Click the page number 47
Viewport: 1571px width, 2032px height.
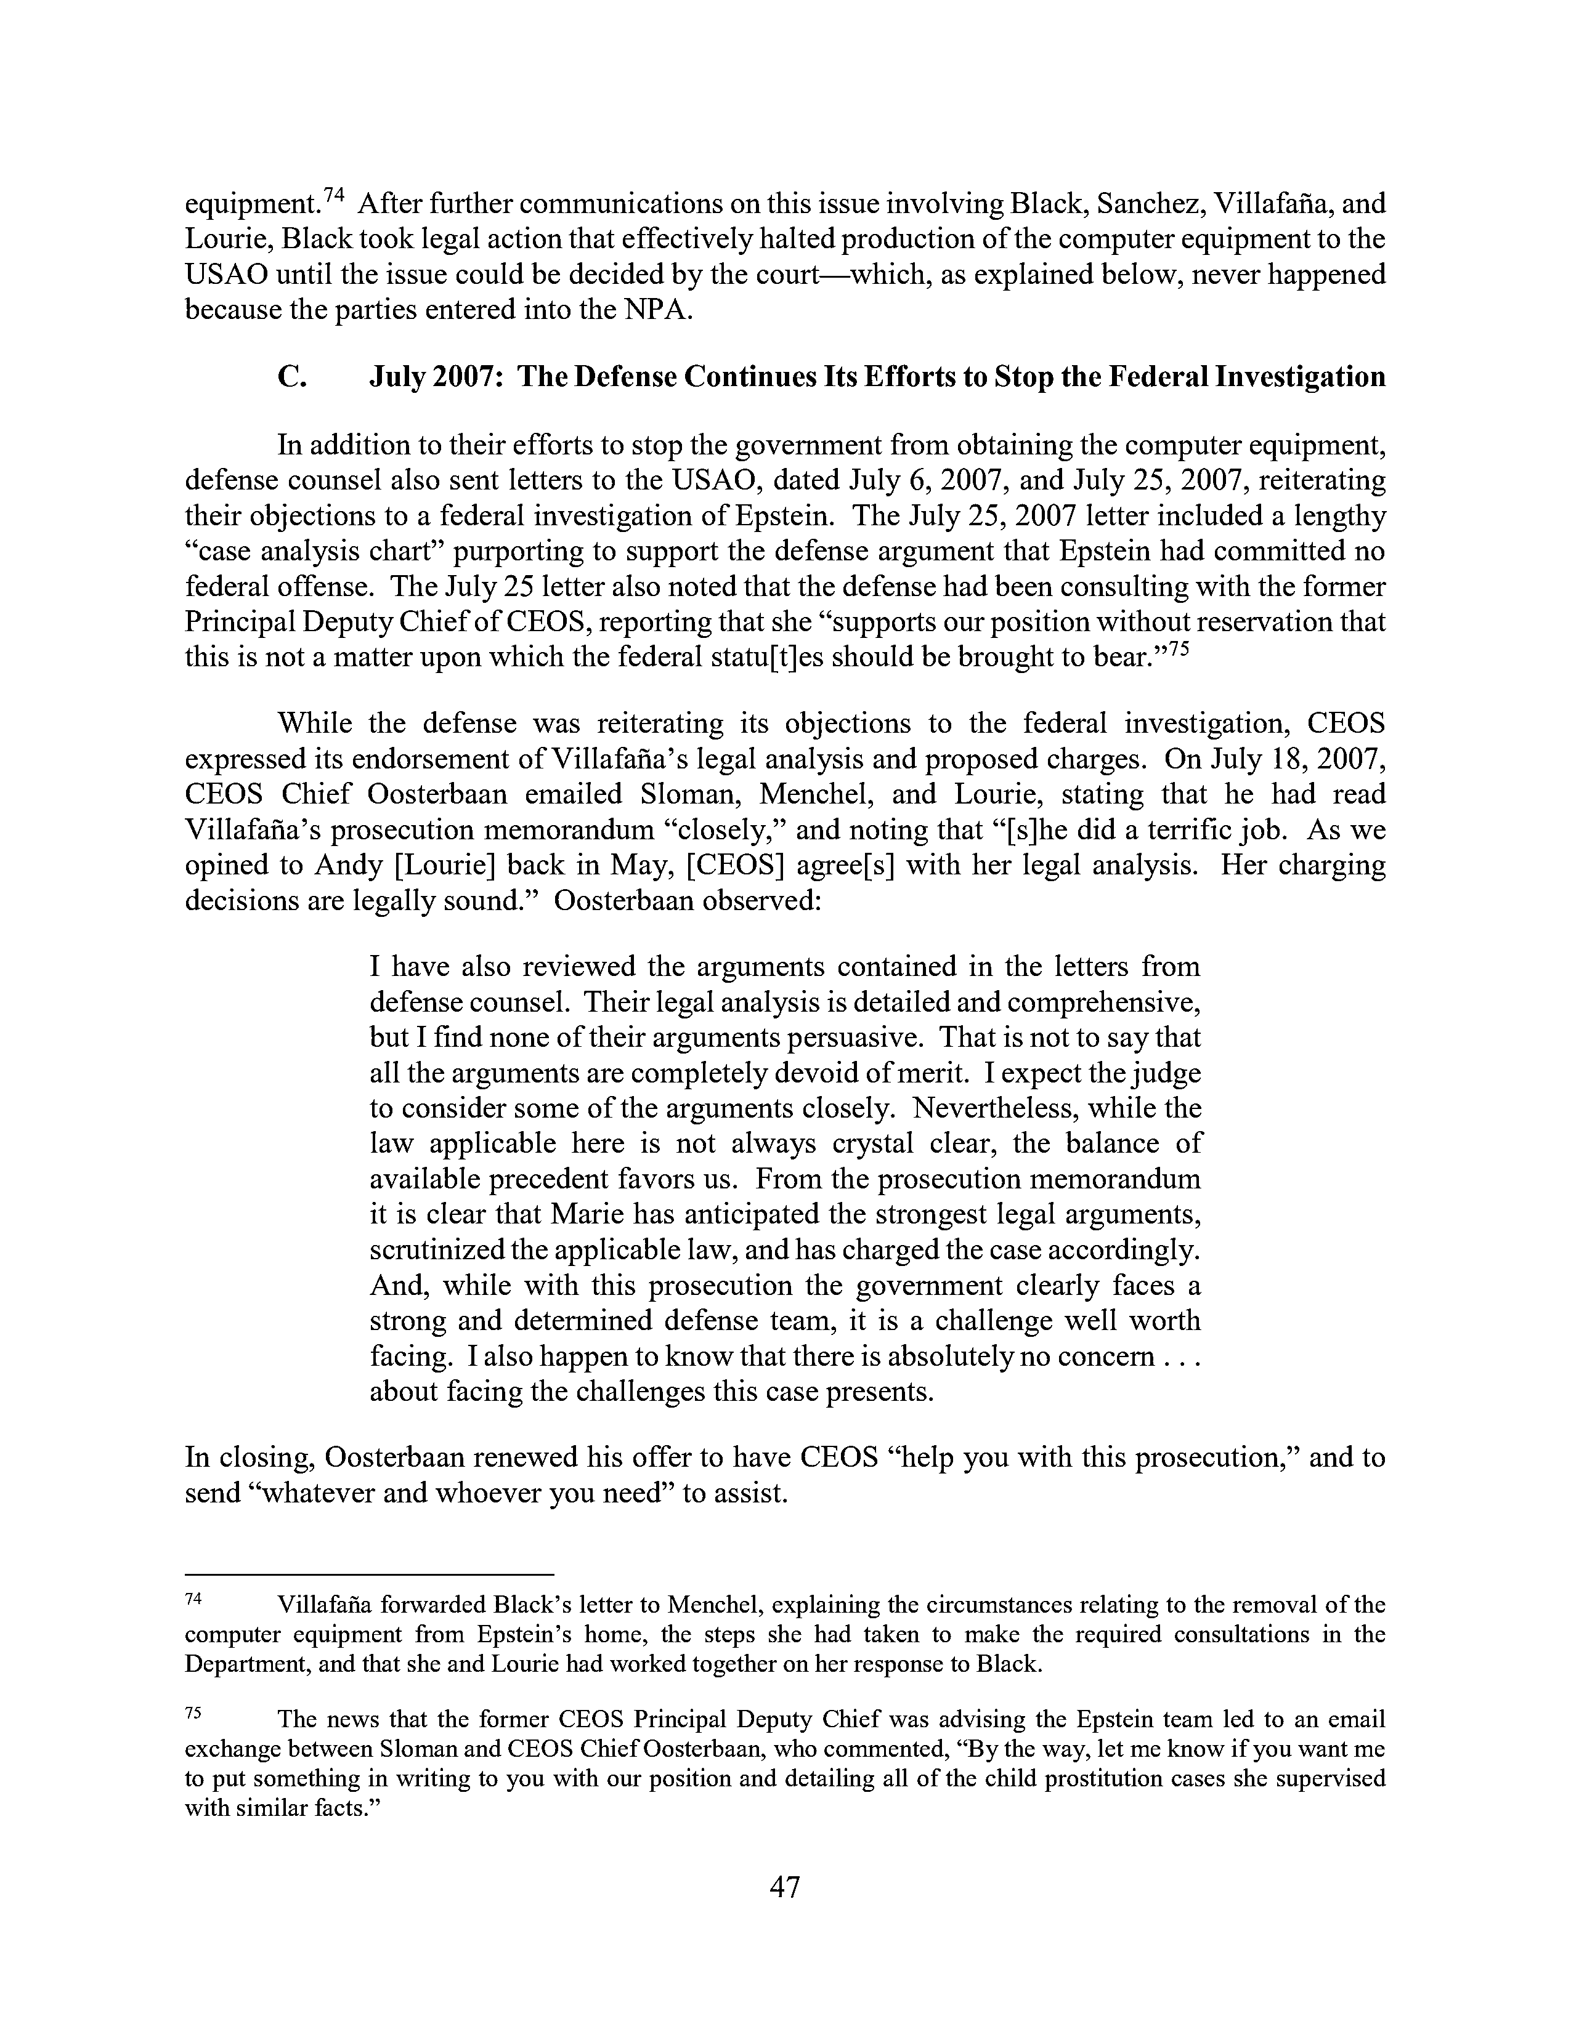click(784, 1887)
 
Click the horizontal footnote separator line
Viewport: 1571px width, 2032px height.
click(370, 1573)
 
